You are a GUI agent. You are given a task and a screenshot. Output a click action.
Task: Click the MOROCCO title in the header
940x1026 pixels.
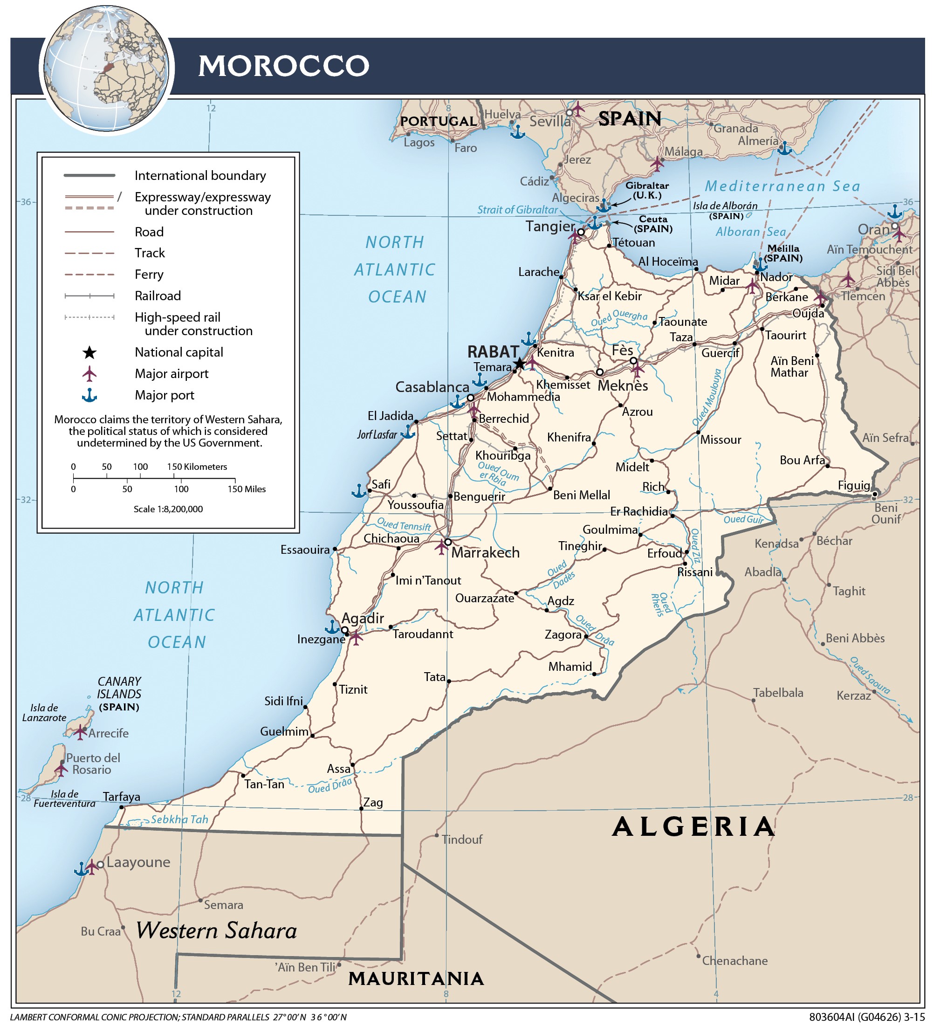[283, 66]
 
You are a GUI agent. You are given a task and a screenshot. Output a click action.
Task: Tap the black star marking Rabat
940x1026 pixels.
[519, 364]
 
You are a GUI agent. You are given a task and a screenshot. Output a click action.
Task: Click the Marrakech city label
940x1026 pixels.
[485, 553]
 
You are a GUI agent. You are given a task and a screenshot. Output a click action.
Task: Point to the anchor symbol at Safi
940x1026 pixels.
[359, 490]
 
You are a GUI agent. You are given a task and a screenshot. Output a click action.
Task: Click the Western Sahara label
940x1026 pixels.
[216, 931]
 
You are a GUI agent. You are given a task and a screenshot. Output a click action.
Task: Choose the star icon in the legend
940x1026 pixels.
[89, 353]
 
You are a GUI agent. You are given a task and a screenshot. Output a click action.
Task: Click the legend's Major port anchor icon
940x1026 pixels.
[89, 395]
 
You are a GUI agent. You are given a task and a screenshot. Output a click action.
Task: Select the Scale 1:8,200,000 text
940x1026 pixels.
[168, 509]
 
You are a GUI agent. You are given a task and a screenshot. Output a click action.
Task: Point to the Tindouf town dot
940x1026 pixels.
[437, 835]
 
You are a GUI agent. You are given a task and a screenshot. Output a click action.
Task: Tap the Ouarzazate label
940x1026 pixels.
[485, 599]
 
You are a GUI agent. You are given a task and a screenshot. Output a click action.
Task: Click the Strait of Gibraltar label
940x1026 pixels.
[517, 210]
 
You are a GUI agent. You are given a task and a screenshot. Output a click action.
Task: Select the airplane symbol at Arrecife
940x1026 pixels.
[80, 732]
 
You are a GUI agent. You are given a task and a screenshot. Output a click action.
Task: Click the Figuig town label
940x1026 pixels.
[853, 486]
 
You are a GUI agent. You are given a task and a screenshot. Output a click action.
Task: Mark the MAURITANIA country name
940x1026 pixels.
[416, 978]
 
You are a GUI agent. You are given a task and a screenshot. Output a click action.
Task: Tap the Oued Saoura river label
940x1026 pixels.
[870, 675]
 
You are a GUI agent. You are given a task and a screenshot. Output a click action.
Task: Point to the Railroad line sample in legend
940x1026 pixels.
[89, 296]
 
